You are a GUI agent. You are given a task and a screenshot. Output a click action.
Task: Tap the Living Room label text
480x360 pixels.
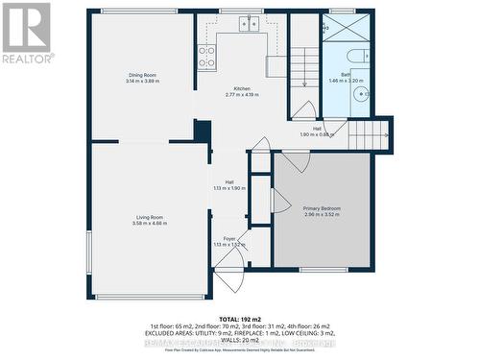point(149,218)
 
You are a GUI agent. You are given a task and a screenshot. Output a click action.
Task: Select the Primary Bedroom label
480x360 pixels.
point(323,208)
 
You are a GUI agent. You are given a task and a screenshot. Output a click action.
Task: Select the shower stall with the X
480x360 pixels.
point(343,27)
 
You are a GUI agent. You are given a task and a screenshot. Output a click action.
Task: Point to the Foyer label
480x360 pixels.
point(229,238)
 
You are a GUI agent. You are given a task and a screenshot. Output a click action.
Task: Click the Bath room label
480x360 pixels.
point(346,75)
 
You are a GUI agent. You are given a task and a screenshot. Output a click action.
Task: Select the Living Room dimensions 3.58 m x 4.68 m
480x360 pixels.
point(149,224)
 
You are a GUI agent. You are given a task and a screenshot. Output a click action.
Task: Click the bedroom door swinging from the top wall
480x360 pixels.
point(297,161)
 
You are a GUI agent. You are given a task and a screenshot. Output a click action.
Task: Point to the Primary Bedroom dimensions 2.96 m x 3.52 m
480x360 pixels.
point(323,215)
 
